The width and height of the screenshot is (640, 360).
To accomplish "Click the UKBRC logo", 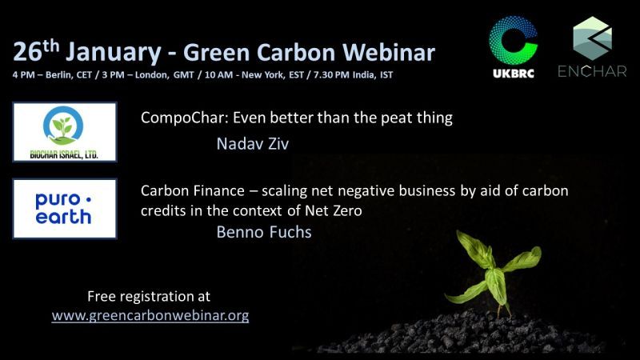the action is (514, 47).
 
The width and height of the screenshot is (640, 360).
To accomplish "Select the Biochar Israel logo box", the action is (65, 132).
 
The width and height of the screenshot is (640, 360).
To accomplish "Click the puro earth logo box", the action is (65, 209).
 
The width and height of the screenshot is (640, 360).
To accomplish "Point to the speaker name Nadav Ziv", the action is (253, 144).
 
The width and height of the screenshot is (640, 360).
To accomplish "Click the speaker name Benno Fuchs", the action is (264, 232).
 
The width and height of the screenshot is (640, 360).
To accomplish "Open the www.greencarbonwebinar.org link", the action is (150, 315).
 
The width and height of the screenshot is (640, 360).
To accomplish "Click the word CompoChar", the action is (184, 118).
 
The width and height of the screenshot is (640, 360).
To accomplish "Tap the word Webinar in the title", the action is (389, 52).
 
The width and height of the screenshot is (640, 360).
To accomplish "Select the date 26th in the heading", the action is (36, 51).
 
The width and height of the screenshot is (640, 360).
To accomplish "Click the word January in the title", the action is (114, 53).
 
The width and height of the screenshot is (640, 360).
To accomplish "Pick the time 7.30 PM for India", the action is (331, 75).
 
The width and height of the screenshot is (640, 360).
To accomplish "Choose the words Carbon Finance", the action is (193, 190).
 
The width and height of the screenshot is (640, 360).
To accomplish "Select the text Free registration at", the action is (149, 296).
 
